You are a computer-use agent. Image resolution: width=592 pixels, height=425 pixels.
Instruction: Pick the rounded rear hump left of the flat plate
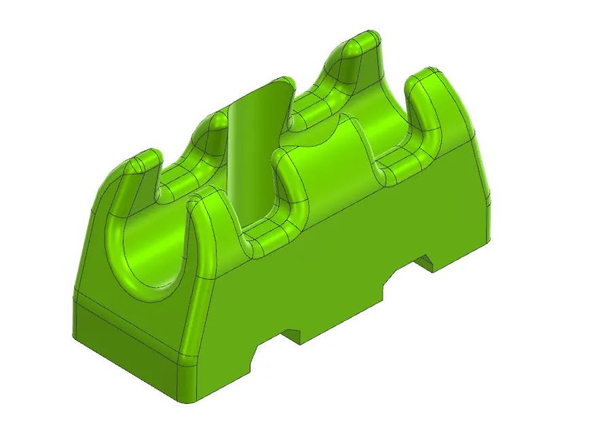pyautogui.click(x=216, y=122)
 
